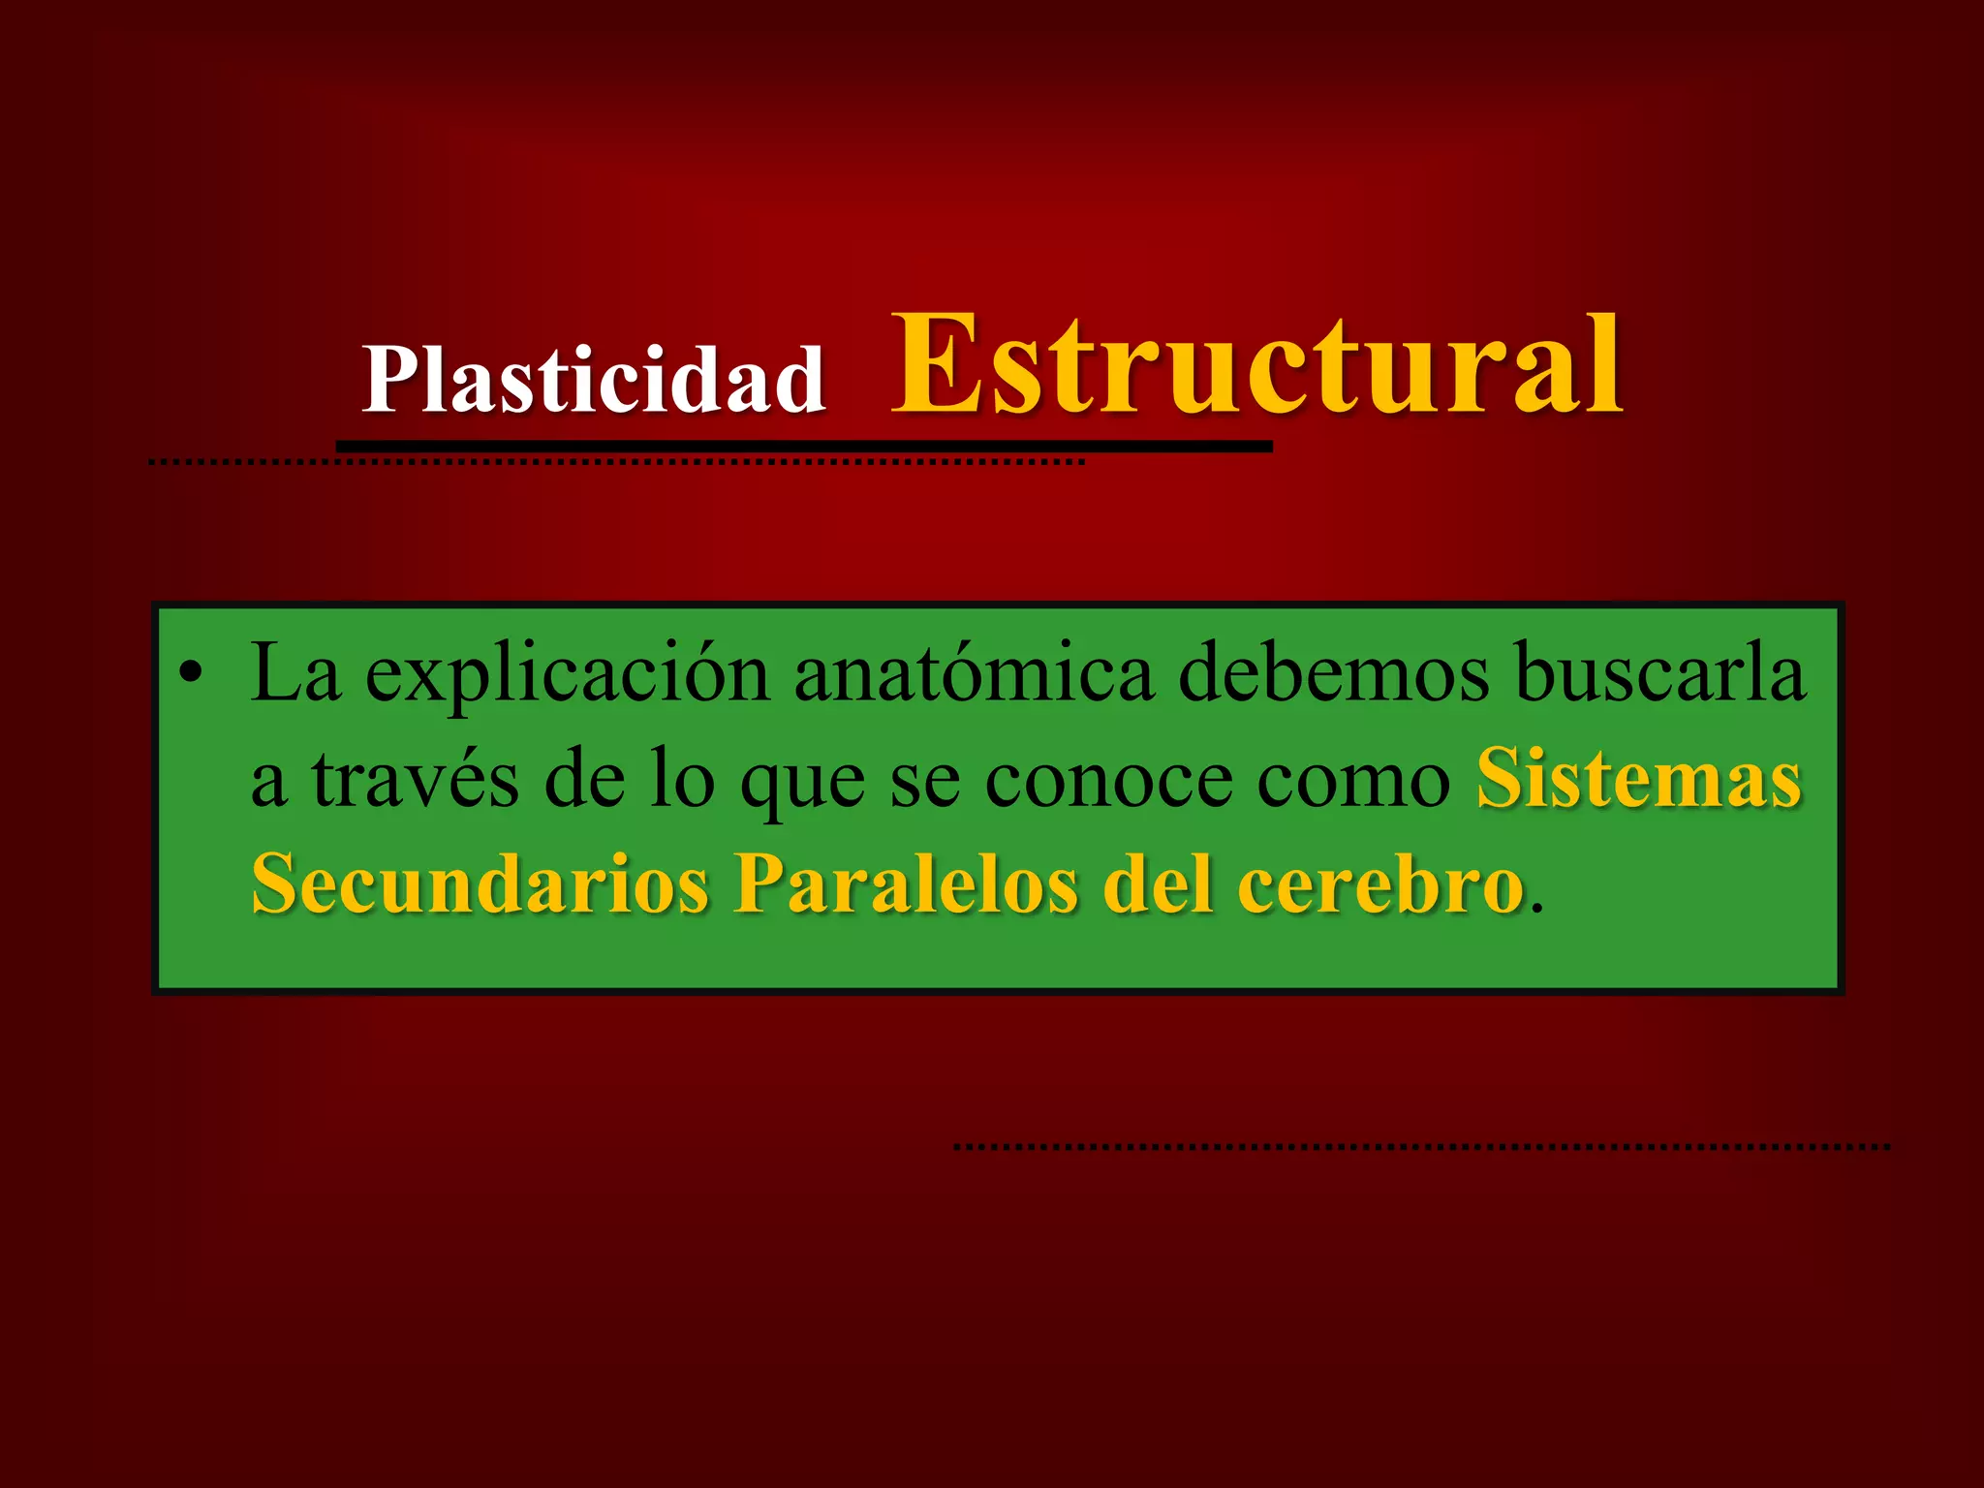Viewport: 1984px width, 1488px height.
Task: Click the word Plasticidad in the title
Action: point(593,380)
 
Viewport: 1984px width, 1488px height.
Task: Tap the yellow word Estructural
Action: point(1255,366)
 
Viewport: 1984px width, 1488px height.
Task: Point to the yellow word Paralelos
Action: point(905,883)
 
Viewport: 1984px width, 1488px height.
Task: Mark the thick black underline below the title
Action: point(804,447)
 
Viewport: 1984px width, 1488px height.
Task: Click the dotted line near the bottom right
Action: point(1421,1147)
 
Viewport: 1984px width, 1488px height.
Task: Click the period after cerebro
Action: point(1537,907)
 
